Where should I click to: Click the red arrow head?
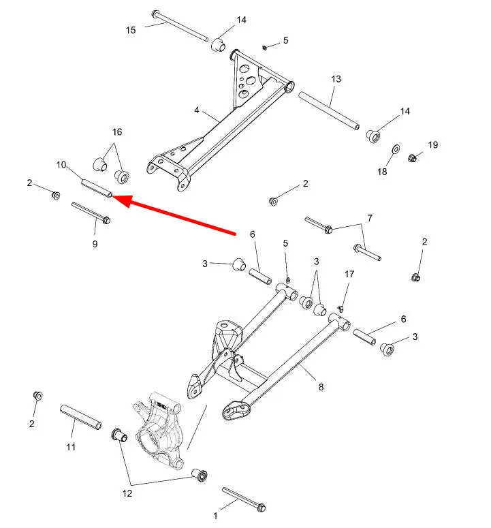coord(123,200)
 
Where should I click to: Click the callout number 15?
coord(131,30)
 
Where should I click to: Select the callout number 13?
coord(336,79)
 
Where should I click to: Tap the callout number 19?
coord(433,145)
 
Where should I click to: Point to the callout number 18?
coord(382,172)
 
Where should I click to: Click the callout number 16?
coord(117,131)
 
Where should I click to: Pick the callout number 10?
coord(61,165)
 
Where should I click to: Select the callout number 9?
coord(95,244)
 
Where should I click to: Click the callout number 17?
coord(349,274)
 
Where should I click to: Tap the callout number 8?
coord(321,387)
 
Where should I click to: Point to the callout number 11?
coord(71,447)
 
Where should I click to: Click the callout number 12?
coord(127,493)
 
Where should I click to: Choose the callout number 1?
coord(215,516)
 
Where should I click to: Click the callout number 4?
coord(197,110)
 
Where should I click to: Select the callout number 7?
coord(370,218)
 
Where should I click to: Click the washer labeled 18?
coord(396,149)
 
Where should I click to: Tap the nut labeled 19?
coord(411,157)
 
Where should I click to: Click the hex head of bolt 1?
coord(261,508)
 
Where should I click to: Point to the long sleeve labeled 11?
coord(81,417)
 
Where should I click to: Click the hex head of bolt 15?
coord(155,14)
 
